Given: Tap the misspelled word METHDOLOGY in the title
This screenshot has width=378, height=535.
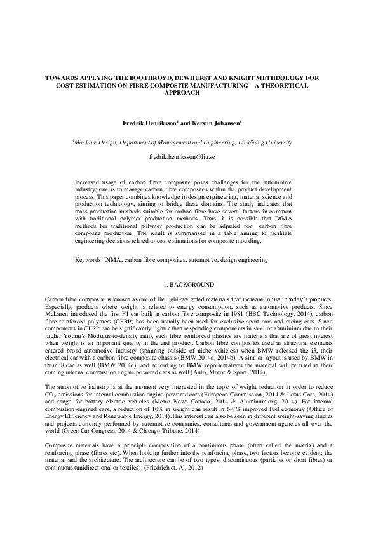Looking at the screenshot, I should pos(274,78).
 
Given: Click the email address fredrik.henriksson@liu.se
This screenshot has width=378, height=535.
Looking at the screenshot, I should pos(189,156).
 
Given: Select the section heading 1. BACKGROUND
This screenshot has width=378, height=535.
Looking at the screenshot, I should pos(189,285).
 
